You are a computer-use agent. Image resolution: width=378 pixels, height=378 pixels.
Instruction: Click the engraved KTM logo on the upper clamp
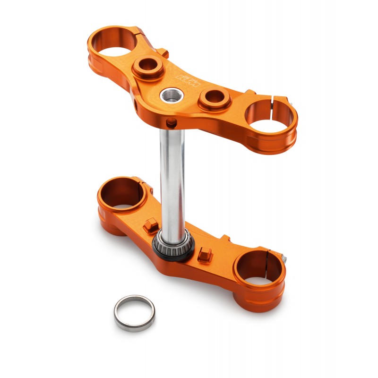click(x=189, y=79)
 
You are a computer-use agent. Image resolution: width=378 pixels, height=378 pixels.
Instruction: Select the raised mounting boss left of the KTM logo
click(x=148, y=67)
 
